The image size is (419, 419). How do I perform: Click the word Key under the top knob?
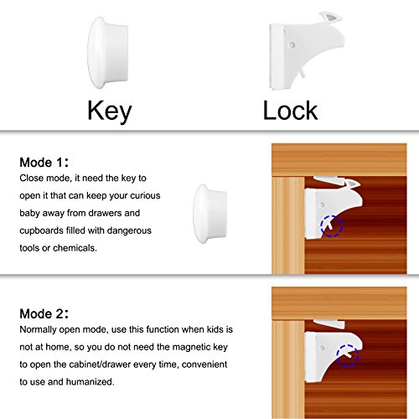110,111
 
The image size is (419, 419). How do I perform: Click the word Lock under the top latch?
290,111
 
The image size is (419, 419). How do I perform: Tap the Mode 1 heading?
44,163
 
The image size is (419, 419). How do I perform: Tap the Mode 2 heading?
44,313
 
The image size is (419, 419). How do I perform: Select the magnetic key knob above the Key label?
108,53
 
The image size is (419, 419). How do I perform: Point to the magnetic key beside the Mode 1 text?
209,214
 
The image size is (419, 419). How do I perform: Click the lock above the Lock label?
306,52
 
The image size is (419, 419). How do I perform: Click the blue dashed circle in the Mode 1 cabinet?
332,226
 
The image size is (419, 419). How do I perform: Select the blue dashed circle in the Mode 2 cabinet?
348,355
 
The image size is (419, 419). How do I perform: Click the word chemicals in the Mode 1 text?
75,248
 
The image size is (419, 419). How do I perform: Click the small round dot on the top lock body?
292,44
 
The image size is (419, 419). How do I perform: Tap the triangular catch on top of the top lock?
331,18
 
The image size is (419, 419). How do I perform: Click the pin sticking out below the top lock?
303,73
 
